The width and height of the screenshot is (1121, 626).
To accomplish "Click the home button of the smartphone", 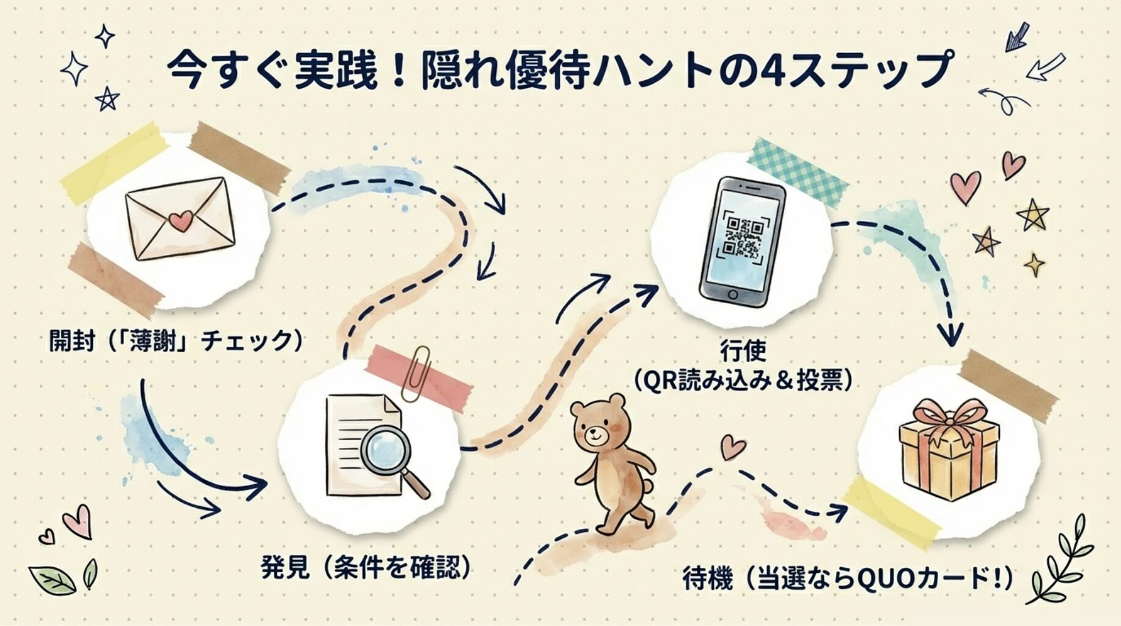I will point(733,294).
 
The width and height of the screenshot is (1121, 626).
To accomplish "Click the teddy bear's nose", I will point(592,436).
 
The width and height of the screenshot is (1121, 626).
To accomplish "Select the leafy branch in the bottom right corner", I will point(1061,559).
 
